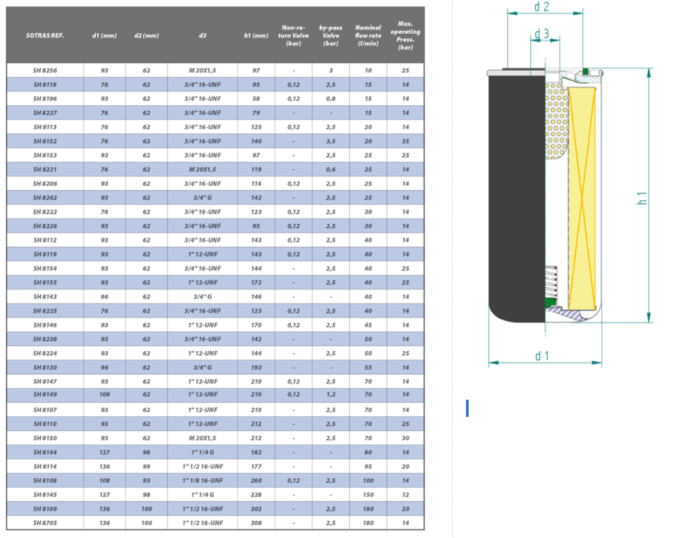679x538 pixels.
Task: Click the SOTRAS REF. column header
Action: click(x=45, y=36)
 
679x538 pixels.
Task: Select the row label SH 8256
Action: click(x=45, y=71)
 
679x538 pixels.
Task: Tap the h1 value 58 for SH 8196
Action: click(x=256, y=99)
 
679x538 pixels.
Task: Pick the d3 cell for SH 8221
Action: click(x=202, y=169)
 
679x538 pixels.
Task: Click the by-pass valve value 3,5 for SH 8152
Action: click(x=330, y=141)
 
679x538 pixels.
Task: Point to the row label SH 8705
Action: click(x=45, y=523)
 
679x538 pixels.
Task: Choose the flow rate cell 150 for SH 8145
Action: click(x=368, y=494)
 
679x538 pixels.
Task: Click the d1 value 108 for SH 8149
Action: click(x=105, y=395)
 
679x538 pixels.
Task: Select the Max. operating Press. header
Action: click(x=405, y=36)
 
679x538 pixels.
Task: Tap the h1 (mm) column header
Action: click(x=256, y=36)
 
